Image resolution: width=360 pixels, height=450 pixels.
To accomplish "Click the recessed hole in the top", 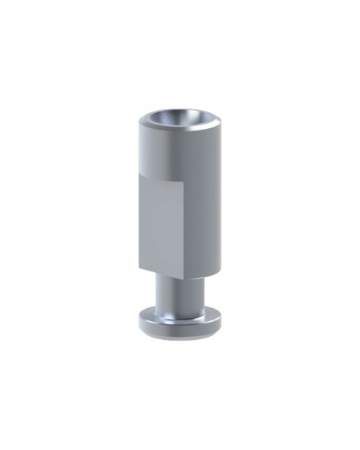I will pos(179,118).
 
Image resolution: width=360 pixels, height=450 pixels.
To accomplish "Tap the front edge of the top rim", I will pos(179,130).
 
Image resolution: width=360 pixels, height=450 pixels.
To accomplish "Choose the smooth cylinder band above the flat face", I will pos(178,155).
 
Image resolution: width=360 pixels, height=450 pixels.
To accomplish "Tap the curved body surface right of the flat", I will pos(206,223).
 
